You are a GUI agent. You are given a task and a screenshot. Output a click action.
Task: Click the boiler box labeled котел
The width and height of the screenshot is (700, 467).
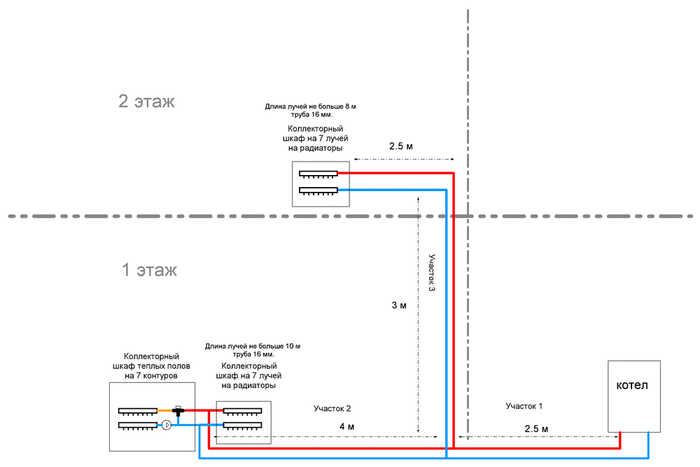(x=634, y=396)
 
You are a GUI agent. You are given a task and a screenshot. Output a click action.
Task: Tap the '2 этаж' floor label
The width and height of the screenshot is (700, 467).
(x=146, y=102)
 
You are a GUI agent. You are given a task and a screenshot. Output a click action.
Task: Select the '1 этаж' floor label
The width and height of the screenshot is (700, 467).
(x=150, y=270)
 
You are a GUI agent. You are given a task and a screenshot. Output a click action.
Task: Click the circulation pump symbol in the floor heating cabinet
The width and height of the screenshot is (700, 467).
(x=167, y=424)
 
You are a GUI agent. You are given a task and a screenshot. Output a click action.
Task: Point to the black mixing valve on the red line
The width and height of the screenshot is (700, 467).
(x=178, y=411)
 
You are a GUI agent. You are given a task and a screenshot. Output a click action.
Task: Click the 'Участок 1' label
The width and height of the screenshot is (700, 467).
(x=524, y=406)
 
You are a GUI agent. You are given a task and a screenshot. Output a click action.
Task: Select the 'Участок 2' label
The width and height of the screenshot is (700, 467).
(x=332, y=408)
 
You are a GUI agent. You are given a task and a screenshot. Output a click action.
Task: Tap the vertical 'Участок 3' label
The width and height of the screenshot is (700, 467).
(x=432, y=272)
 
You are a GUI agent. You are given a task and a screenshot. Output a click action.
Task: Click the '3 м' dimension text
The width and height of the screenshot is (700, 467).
(x=399, y=305)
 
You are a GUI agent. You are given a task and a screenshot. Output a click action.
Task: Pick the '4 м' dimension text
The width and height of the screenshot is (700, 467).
(x=347, y=427)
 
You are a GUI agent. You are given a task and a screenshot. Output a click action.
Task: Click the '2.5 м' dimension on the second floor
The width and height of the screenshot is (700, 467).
(x=401, y=146)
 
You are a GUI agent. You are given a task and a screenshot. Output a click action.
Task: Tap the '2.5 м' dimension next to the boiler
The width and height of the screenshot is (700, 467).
(x=536, y=428)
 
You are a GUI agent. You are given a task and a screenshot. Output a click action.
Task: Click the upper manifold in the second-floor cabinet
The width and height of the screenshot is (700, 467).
(x=318, y=174)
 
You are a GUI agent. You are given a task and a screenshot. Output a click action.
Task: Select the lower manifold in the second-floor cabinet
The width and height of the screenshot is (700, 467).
(x=318, y=191)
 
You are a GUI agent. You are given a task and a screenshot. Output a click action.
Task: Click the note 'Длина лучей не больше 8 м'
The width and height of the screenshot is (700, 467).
(x=310, y=106)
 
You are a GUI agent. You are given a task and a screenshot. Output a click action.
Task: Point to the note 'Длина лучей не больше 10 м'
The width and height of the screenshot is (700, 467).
(x=253, y=346)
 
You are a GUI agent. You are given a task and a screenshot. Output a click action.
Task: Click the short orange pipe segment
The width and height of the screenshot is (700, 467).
(x=164, y=410)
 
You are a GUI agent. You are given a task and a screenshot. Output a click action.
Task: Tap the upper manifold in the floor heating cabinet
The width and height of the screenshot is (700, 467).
(x=137, y=411)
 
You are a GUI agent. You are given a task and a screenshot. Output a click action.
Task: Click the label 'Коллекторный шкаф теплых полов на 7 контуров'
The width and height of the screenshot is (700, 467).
(x=151, y=366)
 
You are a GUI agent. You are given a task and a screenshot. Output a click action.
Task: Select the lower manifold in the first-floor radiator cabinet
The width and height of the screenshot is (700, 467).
(x=242, y=426)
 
